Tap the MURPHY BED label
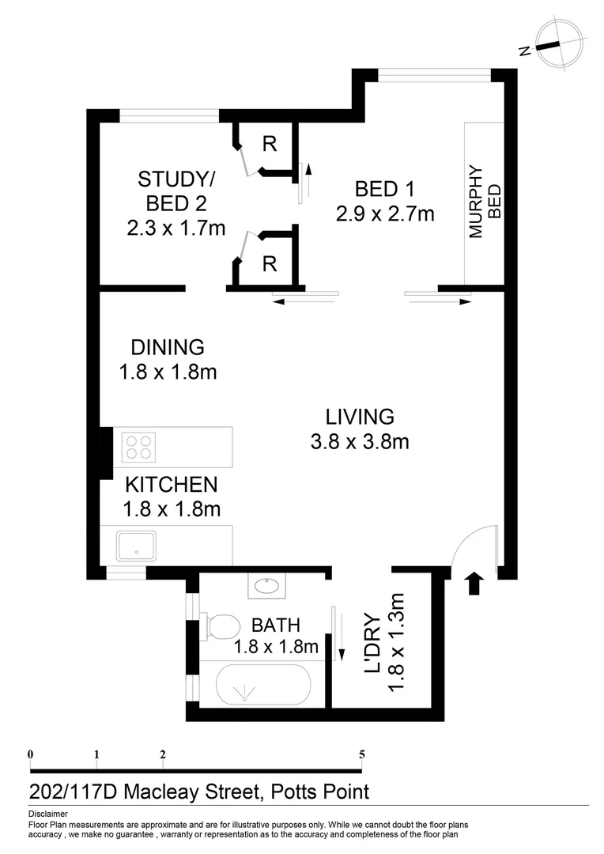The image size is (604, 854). [x=484, y=201]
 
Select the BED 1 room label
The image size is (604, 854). [x=385, y=189]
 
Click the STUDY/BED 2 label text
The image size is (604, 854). [x=176, y=189]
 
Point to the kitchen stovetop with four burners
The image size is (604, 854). [x=139, y=447]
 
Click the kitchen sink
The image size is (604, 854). [x=139, y=546]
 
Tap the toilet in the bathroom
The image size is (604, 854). [x=221, y=627]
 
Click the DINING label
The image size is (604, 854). [x=168, y=347]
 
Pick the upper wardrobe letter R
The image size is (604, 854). [x=270, y=144]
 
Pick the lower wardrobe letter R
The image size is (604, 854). [x=270, y=264]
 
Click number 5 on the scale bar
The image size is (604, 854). [x=362, y=754]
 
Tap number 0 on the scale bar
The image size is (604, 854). [x=30, y=754]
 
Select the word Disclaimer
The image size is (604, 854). [x=47, y=814]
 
